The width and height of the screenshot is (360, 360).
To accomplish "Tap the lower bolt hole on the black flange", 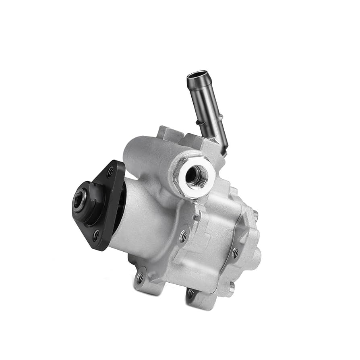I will [x=96, y=236].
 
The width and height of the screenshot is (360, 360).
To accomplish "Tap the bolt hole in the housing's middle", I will [x=184, y=236].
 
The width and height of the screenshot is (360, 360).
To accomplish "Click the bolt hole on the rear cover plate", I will [x=235, y=253].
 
